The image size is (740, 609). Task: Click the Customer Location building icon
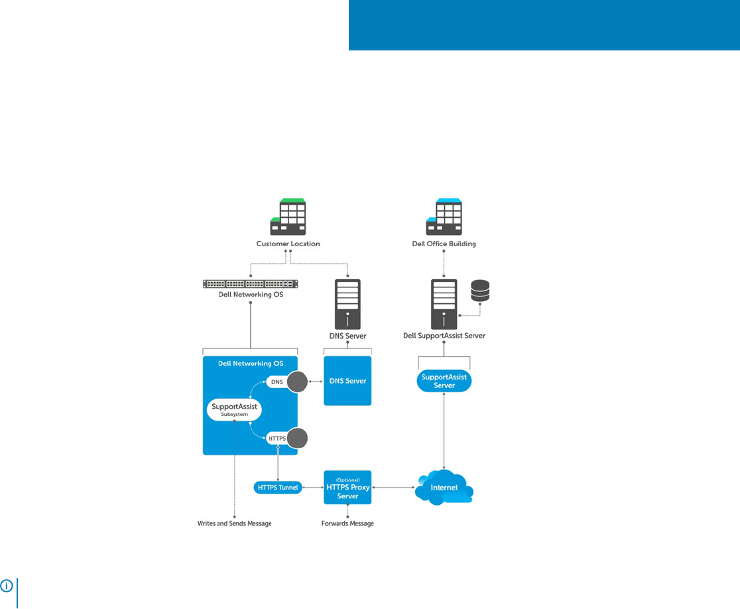(288, 217)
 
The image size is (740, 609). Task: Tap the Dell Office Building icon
(444, 217)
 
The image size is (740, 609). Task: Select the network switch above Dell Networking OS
(251, 284)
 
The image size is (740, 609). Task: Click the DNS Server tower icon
(348, 304)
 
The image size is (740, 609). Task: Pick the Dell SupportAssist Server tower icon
(444, 304)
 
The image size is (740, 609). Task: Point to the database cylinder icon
(480, 291)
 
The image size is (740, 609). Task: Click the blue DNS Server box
(348, 381)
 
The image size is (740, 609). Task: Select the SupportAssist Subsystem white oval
(234, 409)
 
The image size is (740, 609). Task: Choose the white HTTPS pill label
(278, 438)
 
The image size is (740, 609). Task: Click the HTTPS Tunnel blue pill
(278, 487)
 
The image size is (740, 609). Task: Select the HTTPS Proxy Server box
(348, 487)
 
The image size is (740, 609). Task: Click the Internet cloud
(444, 487)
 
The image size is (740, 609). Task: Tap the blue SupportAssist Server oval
(444, 381)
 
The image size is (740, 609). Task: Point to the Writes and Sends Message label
(235, 523)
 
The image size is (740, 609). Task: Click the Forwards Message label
(348, 523)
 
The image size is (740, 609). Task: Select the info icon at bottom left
(7, 586)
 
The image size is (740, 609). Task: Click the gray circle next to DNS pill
(297, 382)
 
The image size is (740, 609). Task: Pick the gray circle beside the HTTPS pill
(297, 438)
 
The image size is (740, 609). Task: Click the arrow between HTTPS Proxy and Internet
(394, 487)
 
